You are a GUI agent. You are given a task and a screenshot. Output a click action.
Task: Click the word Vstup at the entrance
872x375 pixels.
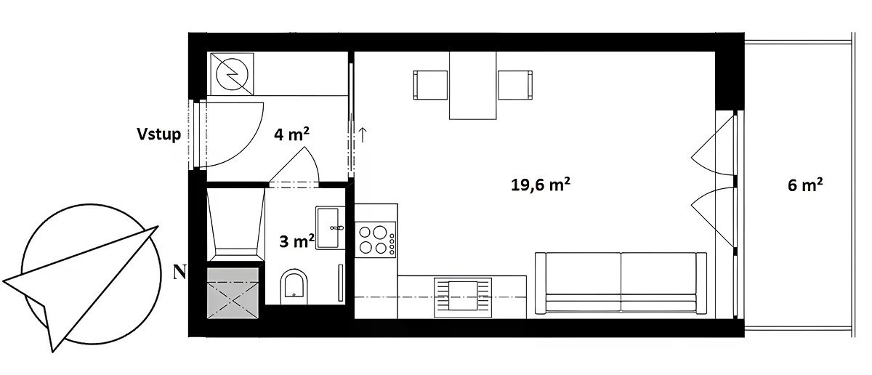point(159,134)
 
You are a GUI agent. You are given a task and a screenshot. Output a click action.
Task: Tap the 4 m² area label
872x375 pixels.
point(291,134)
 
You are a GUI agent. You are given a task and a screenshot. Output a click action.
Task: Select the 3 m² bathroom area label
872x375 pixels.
point(296,241)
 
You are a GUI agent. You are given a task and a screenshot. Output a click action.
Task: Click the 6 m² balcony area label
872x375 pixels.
point(805,185)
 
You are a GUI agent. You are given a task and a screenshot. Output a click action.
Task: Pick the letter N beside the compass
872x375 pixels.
point(179,273)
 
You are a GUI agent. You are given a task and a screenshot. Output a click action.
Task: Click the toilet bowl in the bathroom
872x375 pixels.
point(294,286)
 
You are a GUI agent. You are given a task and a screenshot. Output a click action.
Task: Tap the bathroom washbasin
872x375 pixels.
point(328,227)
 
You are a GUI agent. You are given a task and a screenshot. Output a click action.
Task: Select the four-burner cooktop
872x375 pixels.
point(375,238)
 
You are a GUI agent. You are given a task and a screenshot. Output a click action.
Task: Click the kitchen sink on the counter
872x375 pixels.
point(463,297)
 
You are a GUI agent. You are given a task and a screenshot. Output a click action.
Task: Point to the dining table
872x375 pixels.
point(472,85)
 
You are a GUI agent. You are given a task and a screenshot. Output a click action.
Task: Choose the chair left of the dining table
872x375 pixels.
point(430,85)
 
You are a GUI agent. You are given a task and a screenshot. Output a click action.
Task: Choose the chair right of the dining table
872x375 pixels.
point(515,85)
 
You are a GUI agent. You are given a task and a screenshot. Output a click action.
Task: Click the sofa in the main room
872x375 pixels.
point(621,283)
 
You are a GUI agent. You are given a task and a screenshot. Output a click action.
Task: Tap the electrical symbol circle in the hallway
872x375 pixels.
point(232,74)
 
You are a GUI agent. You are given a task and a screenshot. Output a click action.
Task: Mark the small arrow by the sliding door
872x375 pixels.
point(363,134)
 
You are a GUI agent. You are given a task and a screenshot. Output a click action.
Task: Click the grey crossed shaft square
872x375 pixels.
point(233,293)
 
